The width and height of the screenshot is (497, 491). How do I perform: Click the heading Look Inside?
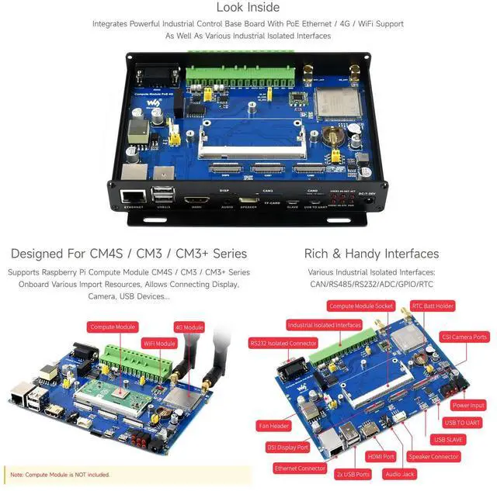pos(248,8)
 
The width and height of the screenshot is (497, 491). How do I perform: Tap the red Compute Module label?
pos(114,327)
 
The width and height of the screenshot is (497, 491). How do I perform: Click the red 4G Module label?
pos(189,327)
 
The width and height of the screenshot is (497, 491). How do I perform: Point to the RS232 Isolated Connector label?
pos(283,342)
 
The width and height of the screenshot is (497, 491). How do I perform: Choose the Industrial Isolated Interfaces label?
pos(324,325)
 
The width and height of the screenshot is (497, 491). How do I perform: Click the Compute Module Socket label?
pos(360,307)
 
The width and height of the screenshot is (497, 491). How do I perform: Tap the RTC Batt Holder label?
pos(433,307)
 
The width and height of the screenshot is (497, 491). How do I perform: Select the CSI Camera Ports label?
pos(464,337)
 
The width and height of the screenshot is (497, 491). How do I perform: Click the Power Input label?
pos(468,405)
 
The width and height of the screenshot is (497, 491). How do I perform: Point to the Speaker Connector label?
pos(433,457)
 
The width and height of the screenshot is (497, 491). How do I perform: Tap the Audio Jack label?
pos(400,473)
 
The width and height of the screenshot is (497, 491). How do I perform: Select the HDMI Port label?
pos(381,457)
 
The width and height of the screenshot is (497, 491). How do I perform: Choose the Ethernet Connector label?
pos(300,469)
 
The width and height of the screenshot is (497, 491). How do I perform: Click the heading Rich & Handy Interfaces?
pos(371,254)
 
